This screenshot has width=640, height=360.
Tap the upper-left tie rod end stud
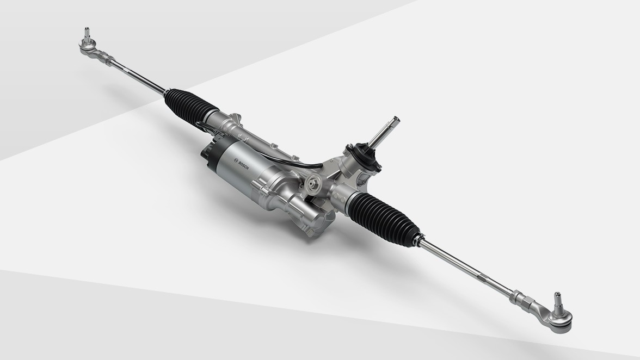(x=87, y=34)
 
